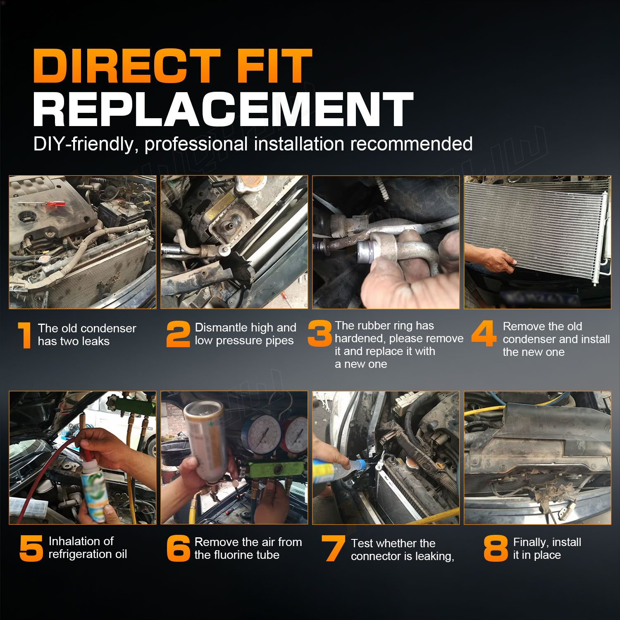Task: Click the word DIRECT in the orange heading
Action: tap(127, 66)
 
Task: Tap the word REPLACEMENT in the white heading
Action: tap(223, 109)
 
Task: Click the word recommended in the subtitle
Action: tap(411, 144)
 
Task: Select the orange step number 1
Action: tap(25, 335)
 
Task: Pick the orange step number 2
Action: tap(178, 334)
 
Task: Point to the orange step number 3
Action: tap(320, 333)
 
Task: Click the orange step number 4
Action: tap(484, 333)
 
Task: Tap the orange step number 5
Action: tap(31, 548)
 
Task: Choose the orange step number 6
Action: tap(178, 548)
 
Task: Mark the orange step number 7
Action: tap(333, 548)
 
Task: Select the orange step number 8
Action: tap(496, 548)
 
